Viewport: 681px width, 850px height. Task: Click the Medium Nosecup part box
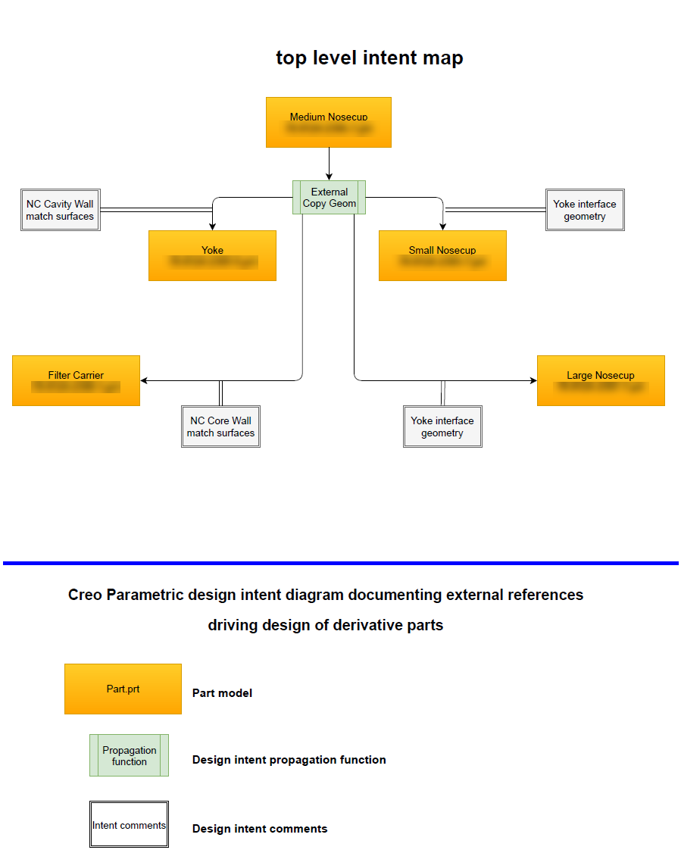(x=329, y=122)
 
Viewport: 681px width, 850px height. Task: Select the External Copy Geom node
(x=330, y=198)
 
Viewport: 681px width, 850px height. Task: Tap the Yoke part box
(x=212, y=255)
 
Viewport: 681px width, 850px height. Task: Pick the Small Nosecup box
(x=442, y=255)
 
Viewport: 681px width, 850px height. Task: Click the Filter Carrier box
(x=76, y=380)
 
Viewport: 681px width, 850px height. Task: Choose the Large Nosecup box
(x=601, y=380)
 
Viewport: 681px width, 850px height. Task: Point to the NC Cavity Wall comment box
(x=61, y=210)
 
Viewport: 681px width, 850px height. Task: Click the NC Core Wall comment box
(x=220, y=427)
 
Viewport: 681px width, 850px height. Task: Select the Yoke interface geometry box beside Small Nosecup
(x=585, y=210)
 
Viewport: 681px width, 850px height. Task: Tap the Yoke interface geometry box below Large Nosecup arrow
(x=442, y=427)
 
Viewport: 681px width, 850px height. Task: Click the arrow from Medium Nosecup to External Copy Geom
(x=330, y=163)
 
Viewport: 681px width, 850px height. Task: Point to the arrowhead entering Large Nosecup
(x=533, y=380)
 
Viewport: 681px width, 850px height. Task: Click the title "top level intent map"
(x=369, y=58)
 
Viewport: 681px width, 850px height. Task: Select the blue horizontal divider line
(x=341, y=563)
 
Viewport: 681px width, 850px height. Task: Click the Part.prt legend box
(x=123, y=689)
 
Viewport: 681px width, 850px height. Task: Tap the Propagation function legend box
(x=130, y=755)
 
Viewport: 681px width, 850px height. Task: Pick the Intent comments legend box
(x=129, y=824)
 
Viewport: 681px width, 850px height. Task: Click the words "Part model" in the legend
(x=222, y=693)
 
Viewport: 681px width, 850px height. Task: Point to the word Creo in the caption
(x=85, y=595)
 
